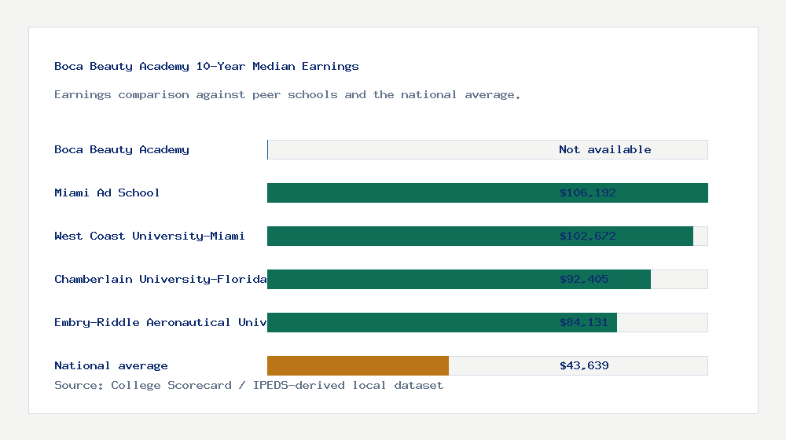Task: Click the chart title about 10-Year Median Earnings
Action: click(206, 66)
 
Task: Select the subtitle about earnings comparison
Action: click(287, 94)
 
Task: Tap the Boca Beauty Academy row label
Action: click(122, 149)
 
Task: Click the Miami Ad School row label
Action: click(107, 192)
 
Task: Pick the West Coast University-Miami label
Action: click(149, 236)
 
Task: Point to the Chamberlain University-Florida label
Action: click(160, 279)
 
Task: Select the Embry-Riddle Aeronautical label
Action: click(160, 322)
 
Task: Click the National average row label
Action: click(111, 365)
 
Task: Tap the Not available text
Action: click(604, 149)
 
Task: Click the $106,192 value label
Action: click(587, 192)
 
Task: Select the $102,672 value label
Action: click(587, 236)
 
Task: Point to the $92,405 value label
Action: click(584, 279)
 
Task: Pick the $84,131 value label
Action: click(584, 322)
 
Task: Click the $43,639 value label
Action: click(584, 365)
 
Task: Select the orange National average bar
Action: click(358, 365)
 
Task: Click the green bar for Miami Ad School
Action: click(409, 192)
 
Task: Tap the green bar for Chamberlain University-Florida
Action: click(409, 279)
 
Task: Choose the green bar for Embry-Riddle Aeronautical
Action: click(409, 322)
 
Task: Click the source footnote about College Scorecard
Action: click(248, 385)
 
